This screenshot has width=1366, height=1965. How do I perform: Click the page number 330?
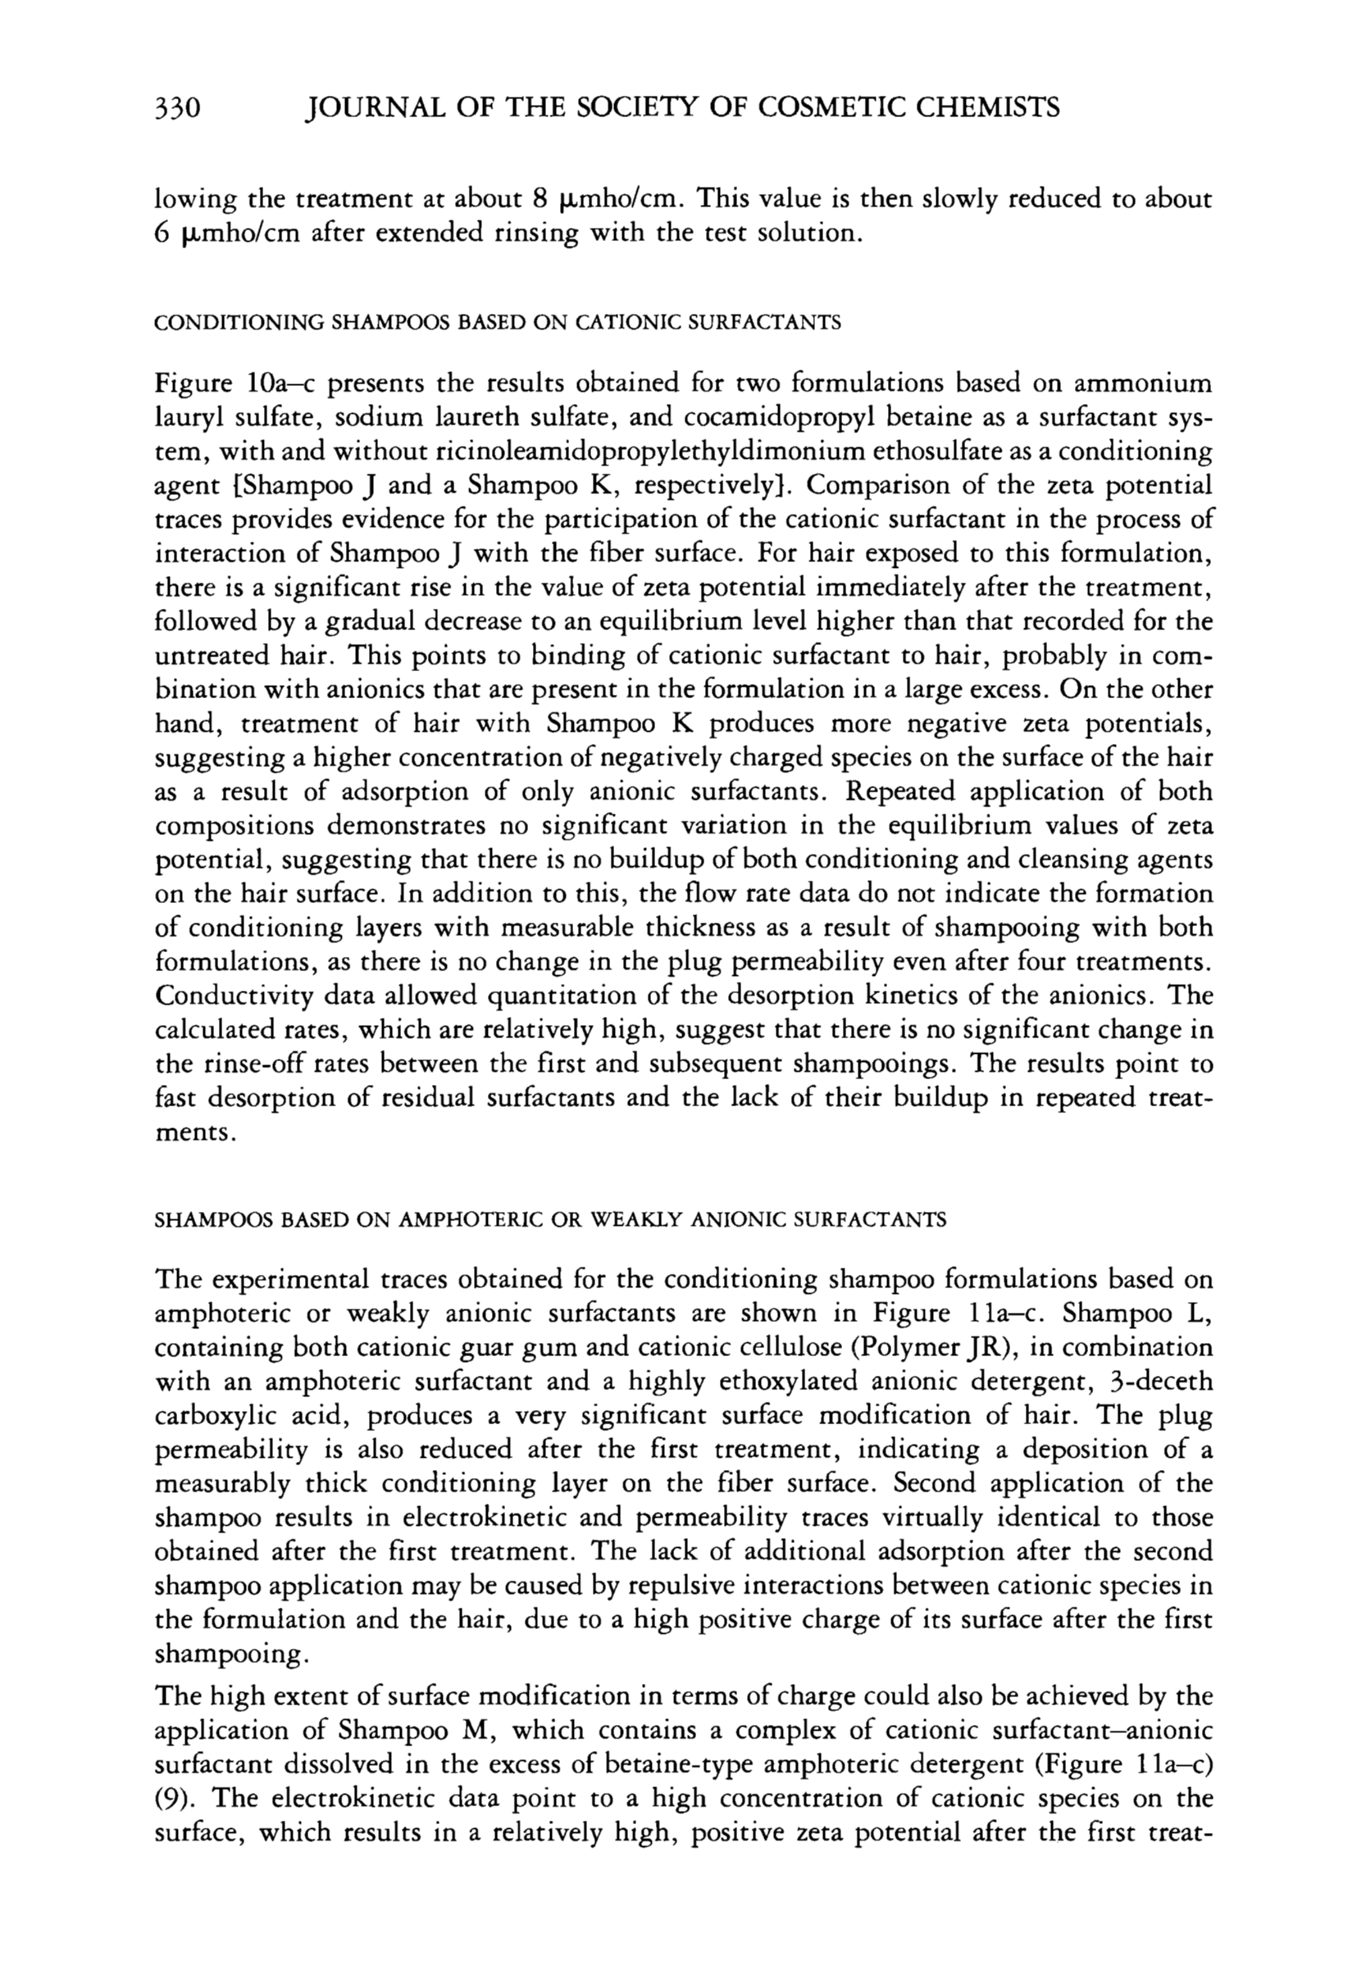pos(177,108)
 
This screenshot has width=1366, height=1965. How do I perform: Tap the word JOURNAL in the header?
pos(377,108)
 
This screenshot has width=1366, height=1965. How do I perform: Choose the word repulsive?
pos(685,1588)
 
